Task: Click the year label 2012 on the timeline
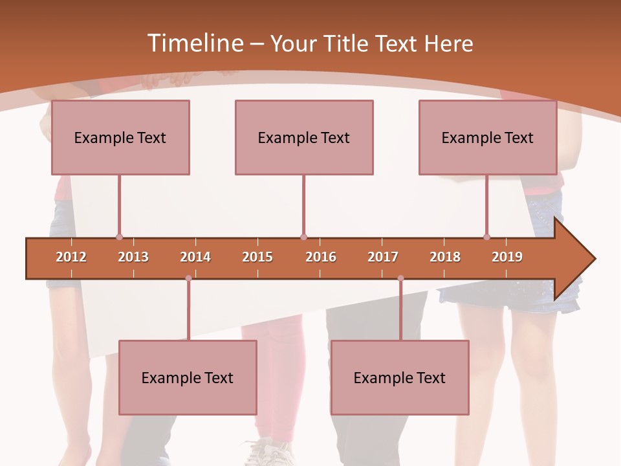coord(71,257)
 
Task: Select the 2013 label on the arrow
coord(133,257)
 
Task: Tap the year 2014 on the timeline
coord(195,257)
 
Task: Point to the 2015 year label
coord(257,257)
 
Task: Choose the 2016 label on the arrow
coord(321,257)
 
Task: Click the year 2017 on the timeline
coord(383,257)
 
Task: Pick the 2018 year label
coord(445,257)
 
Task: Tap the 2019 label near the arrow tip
coord(507,257)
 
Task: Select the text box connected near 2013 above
coord(120,137)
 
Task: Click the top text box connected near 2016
coord(304,137)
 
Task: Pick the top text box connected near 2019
coord(488,137)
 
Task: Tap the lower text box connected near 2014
coord(188,377)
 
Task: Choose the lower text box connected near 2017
coord(400,377)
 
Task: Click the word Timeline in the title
coord(194,43)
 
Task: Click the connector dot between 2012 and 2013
coord(119,238)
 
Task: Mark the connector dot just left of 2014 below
coord(188,278)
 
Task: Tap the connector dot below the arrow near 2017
coord(400,278)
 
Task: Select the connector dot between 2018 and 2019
coord(486,238)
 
